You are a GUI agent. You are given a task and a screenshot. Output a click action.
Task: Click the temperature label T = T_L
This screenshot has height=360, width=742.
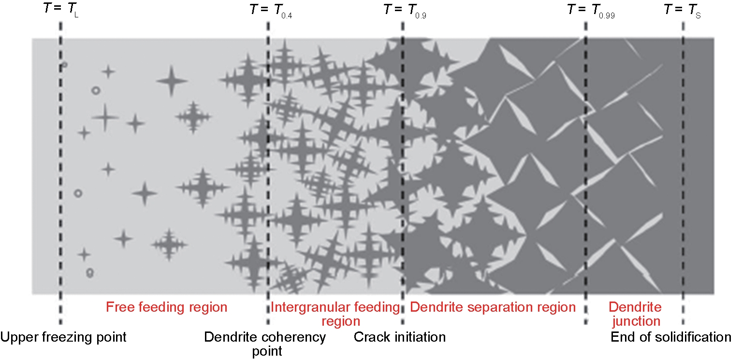(61, 10)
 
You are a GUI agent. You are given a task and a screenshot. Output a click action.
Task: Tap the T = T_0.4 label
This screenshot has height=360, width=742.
(271, 10)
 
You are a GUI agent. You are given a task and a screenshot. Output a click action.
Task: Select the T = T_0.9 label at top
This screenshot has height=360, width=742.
(405, 10)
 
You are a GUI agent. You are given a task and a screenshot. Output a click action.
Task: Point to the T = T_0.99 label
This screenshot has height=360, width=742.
(591, 10)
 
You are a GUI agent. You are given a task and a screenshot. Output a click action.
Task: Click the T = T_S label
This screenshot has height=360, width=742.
(683, 10)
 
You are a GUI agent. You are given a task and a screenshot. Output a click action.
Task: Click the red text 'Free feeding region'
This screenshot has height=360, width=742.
(167, 307)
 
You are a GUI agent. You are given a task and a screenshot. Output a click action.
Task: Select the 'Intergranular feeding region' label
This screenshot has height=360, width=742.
(335, 314)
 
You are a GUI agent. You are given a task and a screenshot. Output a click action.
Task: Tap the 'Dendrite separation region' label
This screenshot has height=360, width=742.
(493, 307)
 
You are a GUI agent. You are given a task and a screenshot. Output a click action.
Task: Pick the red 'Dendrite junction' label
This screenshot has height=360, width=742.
(635, 314)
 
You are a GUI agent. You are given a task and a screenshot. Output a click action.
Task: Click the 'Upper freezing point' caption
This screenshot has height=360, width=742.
(63, 337)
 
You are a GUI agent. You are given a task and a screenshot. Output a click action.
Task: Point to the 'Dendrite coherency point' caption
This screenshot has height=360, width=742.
(265, 344)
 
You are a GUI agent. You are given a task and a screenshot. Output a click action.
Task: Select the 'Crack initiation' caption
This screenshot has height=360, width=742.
(400, 337)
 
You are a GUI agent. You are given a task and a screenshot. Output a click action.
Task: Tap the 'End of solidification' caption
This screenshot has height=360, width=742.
(671, 337)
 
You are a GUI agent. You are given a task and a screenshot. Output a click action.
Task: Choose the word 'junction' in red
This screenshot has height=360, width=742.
(636, 321)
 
